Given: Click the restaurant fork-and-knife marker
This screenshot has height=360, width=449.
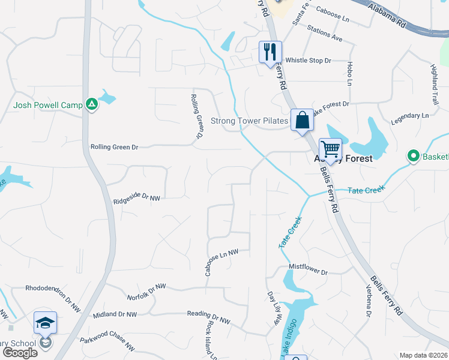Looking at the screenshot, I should point(270,52).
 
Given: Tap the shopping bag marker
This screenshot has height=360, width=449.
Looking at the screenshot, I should point(302,119).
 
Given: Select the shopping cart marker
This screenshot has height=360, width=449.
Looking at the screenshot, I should point(330,148).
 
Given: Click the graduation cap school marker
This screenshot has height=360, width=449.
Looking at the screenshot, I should point(46,323).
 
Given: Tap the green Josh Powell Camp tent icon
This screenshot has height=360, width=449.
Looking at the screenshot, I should point(91,104).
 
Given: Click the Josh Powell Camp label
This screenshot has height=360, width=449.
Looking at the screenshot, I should point(48,106).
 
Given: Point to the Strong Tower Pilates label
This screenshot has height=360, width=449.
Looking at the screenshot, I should point(249,121).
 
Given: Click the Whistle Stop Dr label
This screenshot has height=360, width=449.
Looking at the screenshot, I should point(308,60).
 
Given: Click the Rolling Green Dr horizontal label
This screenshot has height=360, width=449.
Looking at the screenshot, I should point(114,147).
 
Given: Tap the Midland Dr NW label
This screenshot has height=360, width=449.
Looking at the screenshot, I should point(115,314).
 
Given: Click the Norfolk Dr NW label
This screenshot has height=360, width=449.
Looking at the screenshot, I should point(146,293).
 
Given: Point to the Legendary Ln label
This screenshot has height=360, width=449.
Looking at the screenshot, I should point(410,115).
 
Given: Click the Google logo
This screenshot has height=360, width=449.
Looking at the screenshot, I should point(20,352).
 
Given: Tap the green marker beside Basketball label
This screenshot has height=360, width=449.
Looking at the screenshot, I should point(413,157).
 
